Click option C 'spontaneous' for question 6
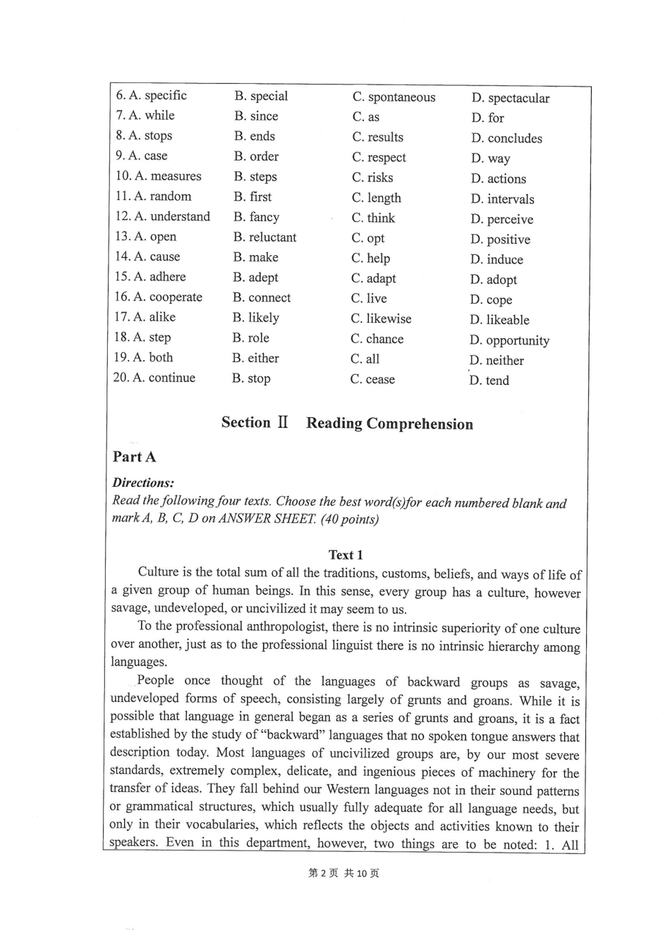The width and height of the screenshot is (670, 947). click(x=394, y=97)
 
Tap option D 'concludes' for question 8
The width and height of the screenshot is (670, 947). click(x=506, y=139)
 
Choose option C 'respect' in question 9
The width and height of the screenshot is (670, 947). click(x=379, y=157)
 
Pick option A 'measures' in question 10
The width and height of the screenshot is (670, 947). click(x=158, y=176)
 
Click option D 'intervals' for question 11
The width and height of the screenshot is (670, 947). click(x=502, y=199)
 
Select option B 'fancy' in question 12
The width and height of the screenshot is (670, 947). click(x=256, y=217)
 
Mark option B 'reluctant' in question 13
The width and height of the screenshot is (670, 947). click(x=264, y=237)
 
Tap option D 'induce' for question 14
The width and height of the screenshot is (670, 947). click(x=497, y=260)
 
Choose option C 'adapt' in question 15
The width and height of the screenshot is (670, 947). click(x=373, y=278)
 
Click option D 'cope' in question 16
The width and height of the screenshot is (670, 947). click(x=491, y=300)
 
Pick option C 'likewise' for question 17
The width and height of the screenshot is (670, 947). click(x=381, y=319)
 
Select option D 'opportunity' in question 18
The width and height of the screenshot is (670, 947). click(x=509, y=341)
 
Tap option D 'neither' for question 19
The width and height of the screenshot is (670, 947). click(x=497, y=361)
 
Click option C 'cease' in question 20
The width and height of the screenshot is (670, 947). click(x=372, y=380)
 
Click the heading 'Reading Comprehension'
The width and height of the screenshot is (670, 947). click(x=389, y=424)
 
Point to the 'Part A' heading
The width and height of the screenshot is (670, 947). click(x=134, y=457)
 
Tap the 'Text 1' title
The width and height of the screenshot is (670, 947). click(x=346, y=555)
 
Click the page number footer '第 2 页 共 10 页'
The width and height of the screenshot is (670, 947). click(x=343, y=874)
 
